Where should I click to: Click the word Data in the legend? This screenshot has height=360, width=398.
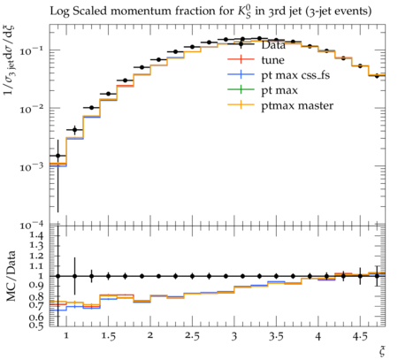273,45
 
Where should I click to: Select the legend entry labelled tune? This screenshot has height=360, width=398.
272,60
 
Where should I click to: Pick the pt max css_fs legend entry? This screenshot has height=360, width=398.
295,75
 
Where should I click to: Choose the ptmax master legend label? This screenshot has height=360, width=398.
297,105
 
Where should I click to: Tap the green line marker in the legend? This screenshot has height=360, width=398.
241,89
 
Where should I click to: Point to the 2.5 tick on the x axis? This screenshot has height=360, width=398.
192,336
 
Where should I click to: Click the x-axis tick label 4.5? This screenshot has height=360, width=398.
360,336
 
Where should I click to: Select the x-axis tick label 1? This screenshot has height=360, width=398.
66,336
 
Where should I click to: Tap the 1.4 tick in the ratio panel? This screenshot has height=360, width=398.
36,235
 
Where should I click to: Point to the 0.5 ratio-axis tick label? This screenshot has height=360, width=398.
36,326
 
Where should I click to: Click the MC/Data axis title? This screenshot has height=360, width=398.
11,276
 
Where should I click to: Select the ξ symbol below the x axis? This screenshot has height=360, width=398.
382,351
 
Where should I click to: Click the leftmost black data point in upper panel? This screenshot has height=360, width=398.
58,156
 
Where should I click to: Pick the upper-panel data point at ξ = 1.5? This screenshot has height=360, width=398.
108,94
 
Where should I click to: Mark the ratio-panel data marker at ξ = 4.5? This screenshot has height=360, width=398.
360,276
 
